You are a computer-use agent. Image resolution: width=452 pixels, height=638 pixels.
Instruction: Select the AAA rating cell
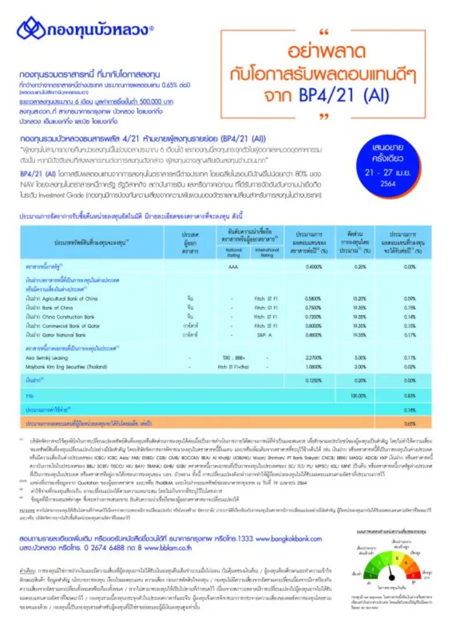[233, 267]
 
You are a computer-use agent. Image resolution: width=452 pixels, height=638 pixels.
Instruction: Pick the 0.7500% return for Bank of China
[314, 308]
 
